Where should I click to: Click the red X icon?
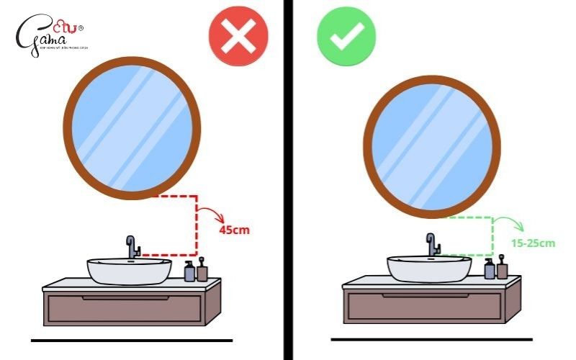coord(238,35)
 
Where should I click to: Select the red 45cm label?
coord(234,230)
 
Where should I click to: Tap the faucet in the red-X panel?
coord(132,247)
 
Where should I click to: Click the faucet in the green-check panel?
coord(433,244)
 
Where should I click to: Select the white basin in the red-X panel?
coord(130,271)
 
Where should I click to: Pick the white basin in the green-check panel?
coord(430,268)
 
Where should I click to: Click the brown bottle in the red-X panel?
coord(202,271)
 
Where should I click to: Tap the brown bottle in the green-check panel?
coord(502,268)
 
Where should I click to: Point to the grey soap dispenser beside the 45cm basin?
coord(189,271)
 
